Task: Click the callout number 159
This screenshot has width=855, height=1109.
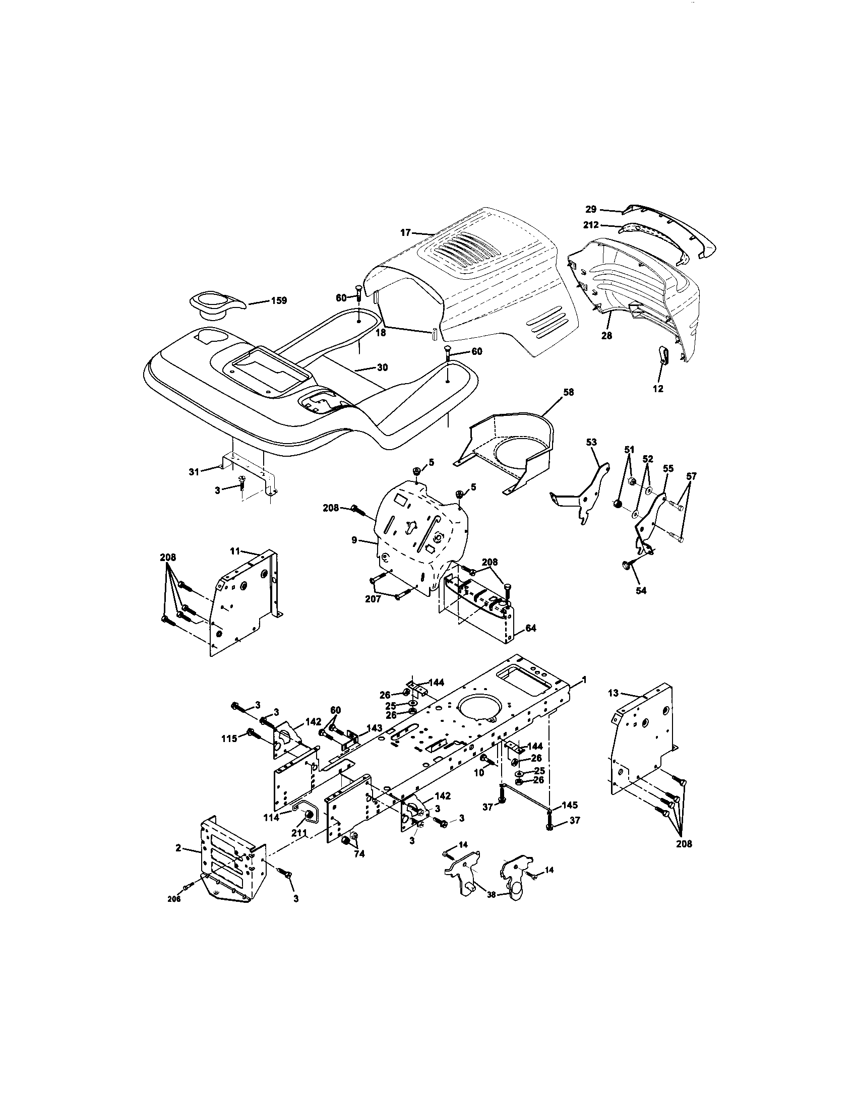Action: pyautogui.click(x=278, y=300)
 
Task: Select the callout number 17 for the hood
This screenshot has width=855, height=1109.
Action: pyautogui.click(x=405, y=233)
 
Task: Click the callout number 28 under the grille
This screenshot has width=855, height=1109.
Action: pyautogui.click(x=607, y=336)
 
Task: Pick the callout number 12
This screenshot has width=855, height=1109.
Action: pyautogui.click(x=658, y=389)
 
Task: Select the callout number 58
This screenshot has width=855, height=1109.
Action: pyautogui.click(x=568, y=393)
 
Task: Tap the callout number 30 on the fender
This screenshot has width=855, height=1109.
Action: pyautogui.click(x=382, y=367)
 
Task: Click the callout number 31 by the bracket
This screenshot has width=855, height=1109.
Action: pyautogui.click(x=194, y=472)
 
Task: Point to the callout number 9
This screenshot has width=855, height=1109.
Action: pyautogui.click(x=354, y=541)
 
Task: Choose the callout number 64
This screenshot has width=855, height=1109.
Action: pyautogui.click(x=530, y=628)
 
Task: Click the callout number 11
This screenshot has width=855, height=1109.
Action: pyautogui.click(x=234, y=551)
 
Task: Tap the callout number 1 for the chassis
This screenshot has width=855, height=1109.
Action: pyautogui.click(x=584, y=680)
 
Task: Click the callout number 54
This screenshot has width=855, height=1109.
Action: pyautogui.click(x=641, y=591)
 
